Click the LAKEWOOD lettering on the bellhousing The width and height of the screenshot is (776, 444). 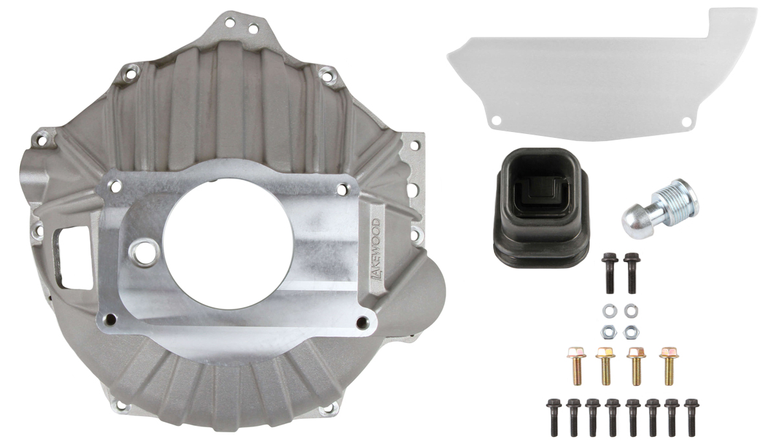[x=376, y=250]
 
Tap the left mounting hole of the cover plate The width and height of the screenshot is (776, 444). [x=497, y=120]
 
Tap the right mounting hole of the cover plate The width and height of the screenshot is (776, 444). [x=686, y=121]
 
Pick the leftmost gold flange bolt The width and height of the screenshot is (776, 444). [x=576, y=366]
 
